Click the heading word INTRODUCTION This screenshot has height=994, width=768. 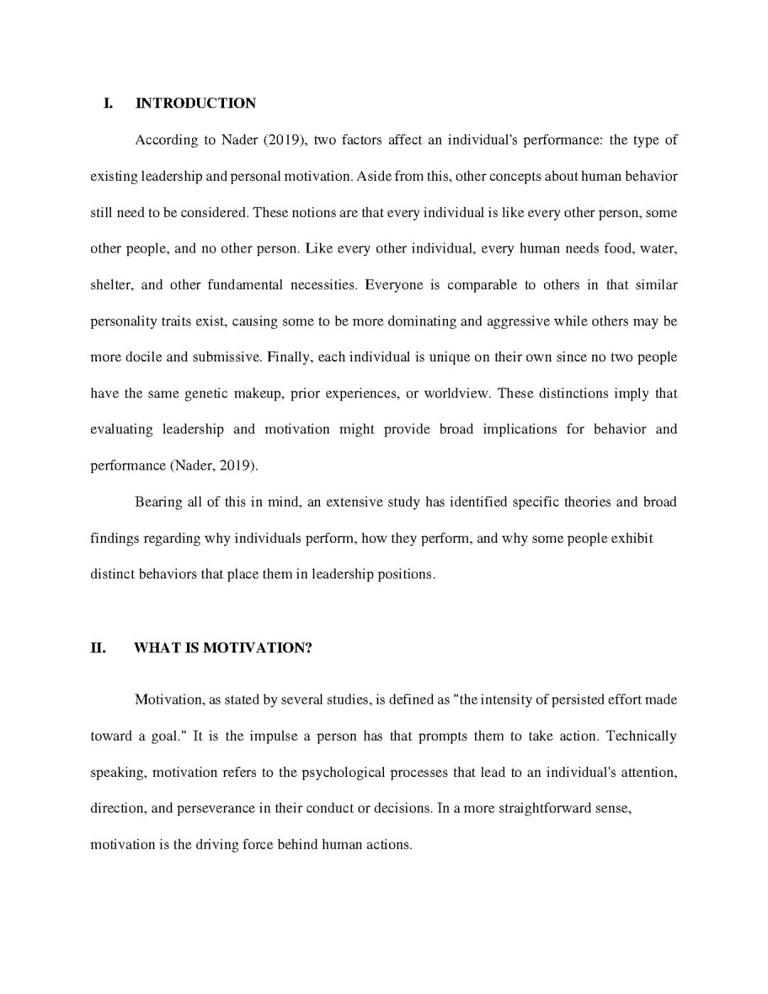196,103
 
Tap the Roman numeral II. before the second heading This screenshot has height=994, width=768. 98,648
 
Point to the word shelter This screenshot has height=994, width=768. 110,285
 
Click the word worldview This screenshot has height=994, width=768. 457,393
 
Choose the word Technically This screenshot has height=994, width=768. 641,736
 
